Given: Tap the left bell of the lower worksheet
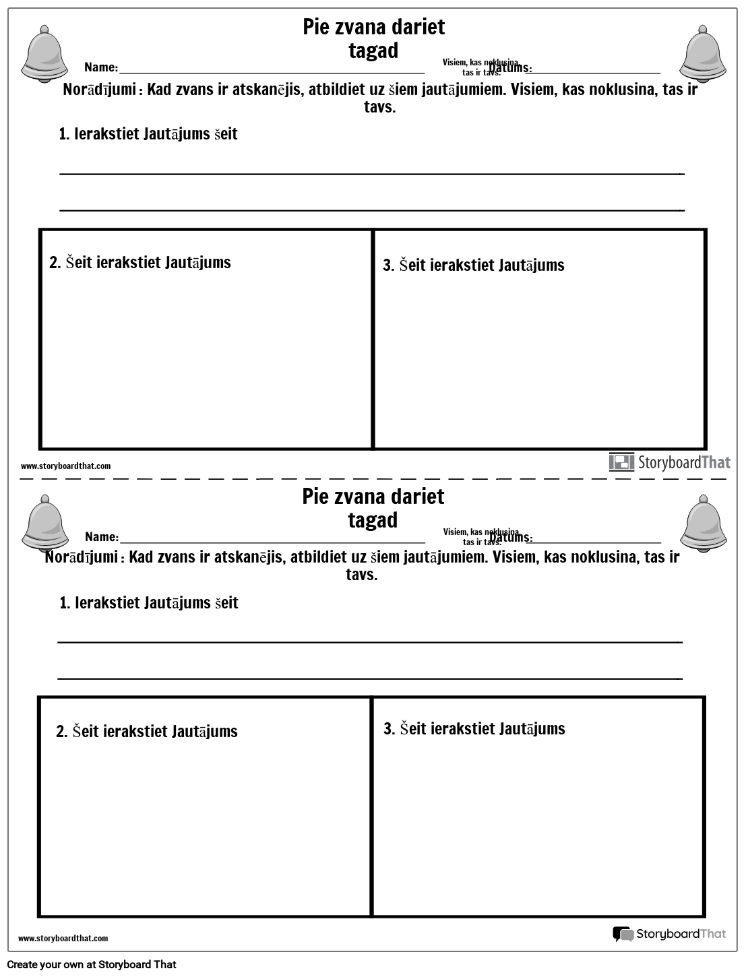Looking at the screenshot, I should click(x=44, y=522).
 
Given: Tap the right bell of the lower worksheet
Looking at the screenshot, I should click(x=704, y=522).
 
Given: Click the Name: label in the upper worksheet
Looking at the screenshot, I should click(x=101, y=67).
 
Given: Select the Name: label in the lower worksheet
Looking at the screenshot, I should click(x=102, y=537).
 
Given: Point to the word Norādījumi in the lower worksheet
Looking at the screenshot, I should click(x=82, y=557).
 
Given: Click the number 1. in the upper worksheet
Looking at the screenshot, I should click(x=65, y=134).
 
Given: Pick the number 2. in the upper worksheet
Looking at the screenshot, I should click(x=55, y=263).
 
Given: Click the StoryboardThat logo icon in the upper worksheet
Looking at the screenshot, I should click(x=621, y=462).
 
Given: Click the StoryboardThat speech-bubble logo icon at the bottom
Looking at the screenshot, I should click(x=623, y=934).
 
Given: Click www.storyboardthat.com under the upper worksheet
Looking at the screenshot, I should click(x=65, y=466).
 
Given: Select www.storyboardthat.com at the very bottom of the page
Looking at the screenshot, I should click(x=63, y=938).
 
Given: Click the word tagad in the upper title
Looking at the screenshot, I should click(x=373, y=51).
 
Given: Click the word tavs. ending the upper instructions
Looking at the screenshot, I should click(x=379, y=107).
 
